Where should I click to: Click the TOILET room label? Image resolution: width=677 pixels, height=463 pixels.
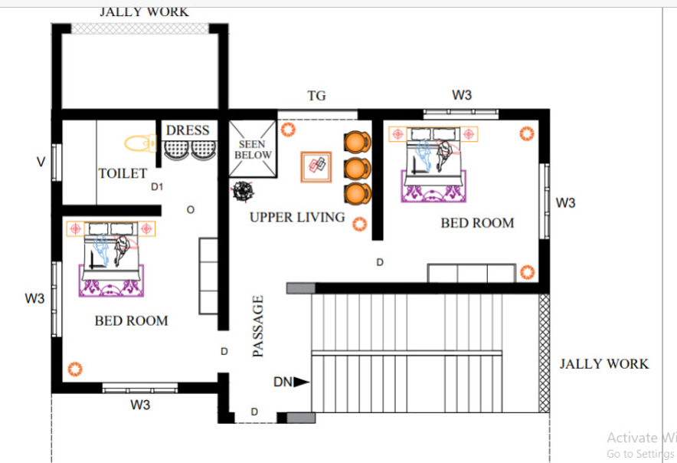pos(123,173)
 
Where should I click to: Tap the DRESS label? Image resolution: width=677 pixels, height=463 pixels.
pos(188,130)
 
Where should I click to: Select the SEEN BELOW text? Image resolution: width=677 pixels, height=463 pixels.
pos(253,149)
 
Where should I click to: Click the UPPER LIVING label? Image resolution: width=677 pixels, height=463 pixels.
pos(297,217)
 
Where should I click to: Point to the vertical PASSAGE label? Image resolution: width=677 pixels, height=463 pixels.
pos(258,327)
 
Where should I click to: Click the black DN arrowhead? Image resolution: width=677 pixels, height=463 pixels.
pos(302,382)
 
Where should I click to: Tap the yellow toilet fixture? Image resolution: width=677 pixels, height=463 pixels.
pos(140,143)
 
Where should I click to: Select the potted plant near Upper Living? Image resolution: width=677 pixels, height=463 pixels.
pos(243,191)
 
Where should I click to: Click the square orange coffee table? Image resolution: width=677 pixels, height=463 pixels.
pos(316,166)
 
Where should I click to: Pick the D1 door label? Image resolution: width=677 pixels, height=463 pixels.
pos(157,187)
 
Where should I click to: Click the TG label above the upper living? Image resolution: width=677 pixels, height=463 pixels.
pos(316,96)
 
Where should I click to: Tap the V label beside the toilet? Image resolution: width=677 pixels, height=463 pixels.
pos(41,162)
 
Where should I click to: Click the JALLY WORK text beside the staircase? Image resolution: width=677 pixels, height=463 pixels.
pos(604,364)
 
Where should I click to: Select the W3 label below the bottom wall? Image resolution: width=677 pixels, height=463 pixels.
pos(140,405)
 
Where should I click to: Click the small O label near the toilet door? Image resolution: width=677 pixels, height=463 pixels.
pos(191,210)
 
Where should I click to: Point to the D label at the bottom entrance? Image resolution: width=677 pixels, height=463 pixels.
pos(254,412)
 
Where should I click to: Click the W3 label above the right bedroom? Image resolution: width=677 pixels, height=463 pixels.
pos(462,95)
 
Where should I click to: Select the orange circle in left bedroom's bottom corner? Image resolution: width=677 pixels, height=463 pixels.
pos(75,369)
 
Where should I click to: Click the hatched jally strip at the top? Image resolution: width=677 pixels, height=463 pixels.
pos(140,28)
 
